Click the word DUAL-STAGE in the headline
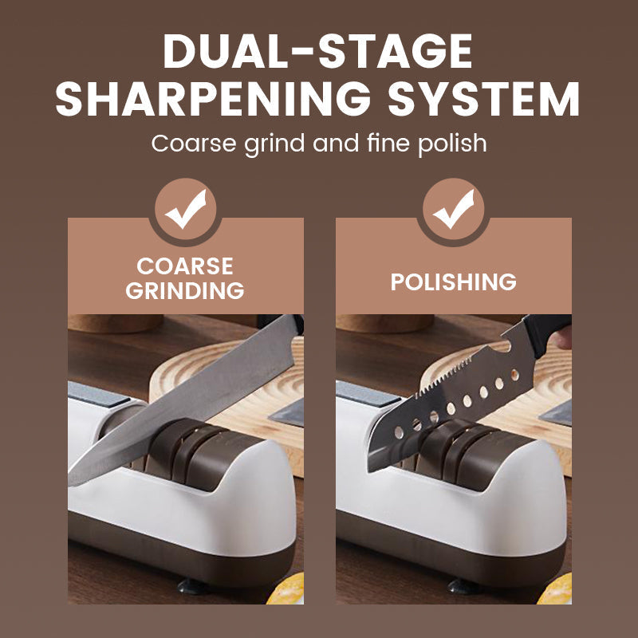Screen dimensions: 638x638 [x=318, y=53]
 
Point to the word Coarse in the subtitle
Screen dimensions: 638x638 [x=190, y=144]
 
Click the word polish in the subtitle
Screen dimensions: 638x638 [x=449, y=144]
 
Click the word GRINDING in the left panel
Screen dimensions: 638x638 [x=185, y=291]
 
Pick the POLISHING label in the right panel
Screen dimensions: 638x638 [x=453, y=282]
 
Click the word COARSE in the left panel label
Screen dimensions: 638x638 [x=185, y=266]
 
